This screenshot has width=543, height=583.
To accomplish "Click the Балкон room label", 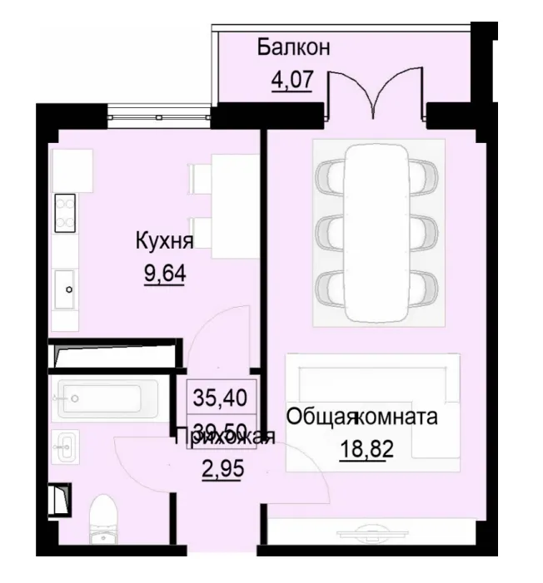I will click(x=293, y=47).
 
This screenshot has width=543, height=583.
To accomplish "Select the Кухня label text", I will click(x=165, y=242).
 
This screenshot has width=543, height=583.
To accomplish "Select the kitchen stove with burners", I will click(x=65, y=212).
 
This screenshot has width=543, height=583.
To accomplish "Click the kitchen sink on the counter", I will click(x=67, y=289).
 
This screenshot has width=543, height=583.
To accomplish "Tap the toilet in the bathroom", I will click(x=105, y=518).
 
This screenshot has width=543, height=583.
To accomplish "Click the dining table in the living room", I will click(x=376, y=232).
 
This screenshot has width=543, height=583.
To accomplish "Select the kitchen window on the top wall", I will click(x=159, y=114).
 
